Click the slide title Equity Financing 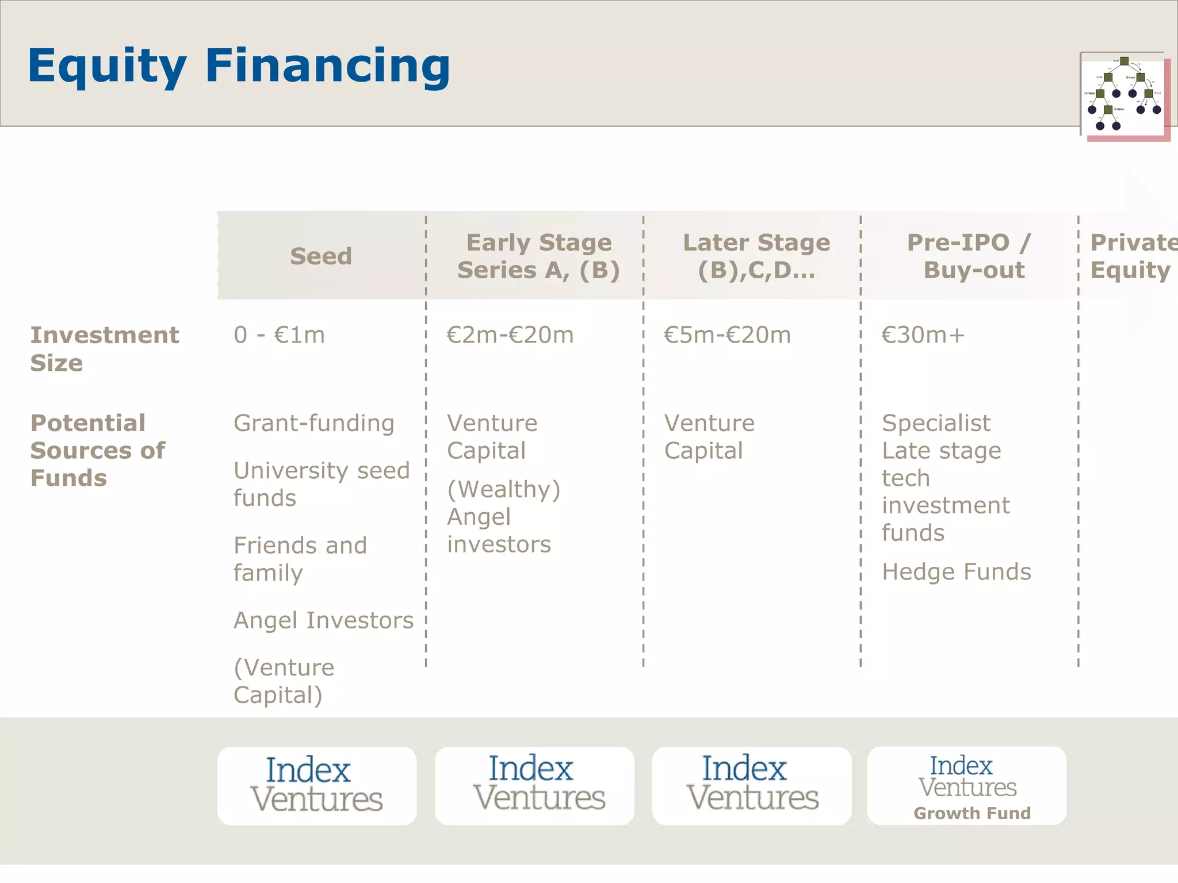click(x=239, y=66)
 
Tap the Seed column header click(x=321, y=256)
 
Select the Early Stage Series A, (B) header click(x=538, y=256)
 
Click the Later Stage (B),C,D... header click(x=756, y=256)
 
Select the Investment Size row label click(x=104, y=348)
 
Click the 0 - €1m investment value click(x=279, y=335)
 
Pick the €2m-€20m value click(x=510, y=335)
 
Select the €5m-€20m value click(x=727, y=335)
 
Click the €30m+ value click(x=923, y=335)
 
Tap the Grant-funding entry click(x=313, y=424)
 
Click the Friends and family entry click(x=299, y=559)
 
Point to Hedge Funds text click(x=956, y=572)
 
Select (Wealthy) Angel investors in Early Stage click(x=503, y=517)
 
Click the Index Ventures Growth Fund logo click(x=966, y=786)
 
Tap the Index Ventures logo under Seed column click(x=316, y=786)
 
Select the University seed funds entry click(x=321, y=484)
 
